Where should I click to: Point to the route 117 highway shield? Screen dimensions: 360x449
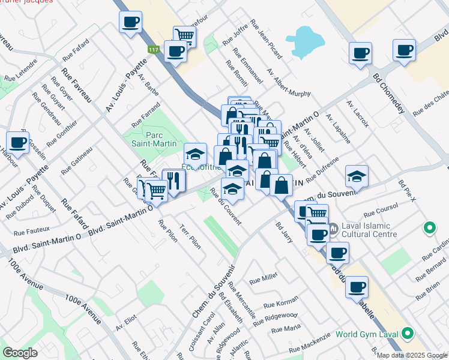point(153,50)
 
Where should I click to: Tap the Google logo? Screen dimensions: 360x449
point(20,353)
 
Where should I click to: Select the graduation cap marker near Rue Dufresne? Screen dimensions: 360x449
point(357,176)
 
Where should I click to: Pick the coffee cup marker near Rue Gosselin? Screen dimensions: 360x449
point(18,143)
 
